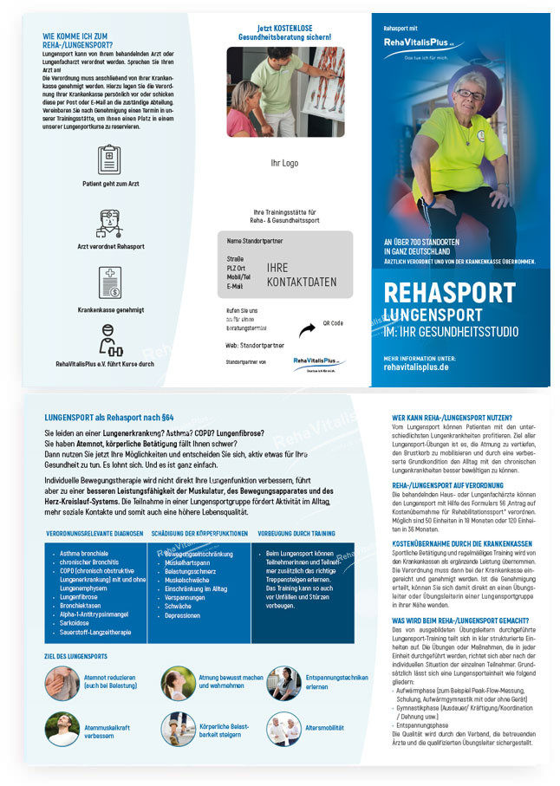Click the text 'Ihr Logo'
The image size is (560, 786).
point(283,162)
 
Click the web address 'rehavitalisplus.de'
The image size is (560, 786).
point(416,367)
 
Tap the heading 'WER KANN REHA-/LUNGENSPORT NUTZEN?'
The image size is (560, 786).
point(452,418)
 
